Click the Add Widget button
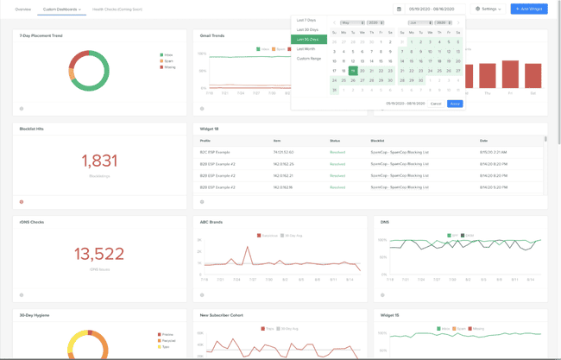[528, 9]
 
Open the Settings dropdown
[489, 9]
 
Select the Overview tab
[23, 9]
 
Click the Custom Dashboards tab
[61, 9]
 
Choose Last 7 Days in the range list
[306, 20]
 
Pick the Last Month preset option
[306, 49]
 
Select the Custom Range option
[309, 59]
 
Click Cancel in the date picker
[436, 104]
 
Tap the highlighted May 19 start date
[353, 71]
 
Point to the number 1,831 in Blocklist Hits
[99, 161]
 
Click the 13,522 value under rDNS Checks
[99, 254]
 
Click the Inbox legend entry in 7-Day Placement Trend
[167, 55]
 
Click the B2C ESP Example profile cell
[215, 152]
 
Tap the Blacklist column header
[377, 141]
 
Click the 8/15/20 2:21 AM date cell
[492, 152]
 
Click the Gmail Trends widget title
[212, 36]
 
